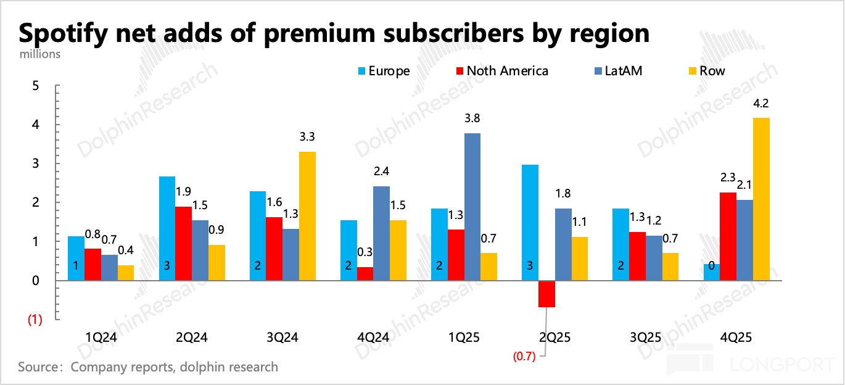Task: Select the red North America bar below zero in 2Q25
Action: click(x=546, y=294)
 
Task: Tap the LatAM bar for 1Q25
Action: click(x=472, y=207)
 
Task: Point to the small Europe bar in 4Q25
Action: click(x=712, y=272)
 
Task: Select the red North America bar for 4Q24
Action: click(x=365, y=273)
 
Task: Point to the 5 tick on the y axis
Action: click(x=35, y=86)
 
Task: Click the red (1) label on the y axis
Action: click(x=33, y=320)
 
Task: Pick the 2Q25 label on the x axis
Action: click(x=554, y=337)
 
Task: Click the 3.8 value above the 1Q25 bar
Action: click(x=471, y=119)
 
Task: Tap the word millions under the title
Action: click(x=40, y=54)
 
